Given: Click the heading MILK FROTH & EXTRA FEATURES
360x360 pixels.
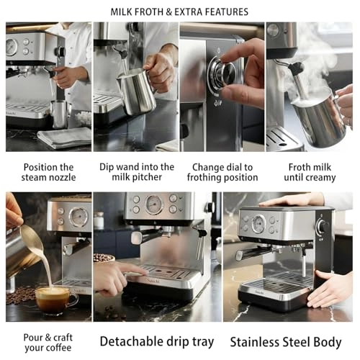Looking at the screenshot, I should pos(179,12).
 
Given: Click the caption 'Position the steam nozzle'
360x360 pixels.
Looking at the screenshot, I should pos(48,171).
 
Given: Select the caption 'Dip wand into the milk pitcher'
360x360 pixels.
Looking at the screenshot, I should pos(137,171).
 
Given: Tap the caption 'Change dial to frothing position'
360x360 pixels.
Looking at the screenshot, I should pos(222,171).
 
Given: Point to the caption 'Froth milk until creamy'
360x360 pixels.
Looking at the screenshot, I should pos(310,171).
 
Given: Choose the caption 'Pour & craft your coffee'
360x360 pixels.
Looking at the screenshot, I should pos(48,341).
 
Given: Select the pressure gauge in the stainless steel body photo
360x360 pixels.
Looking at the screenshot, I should pos(258,224).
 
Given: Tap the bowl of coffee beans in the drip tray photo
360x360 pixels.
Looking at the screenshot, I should pos(104,257).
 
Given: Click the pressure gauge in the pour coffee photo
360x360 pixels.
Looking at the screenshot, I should pos(78,217).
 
